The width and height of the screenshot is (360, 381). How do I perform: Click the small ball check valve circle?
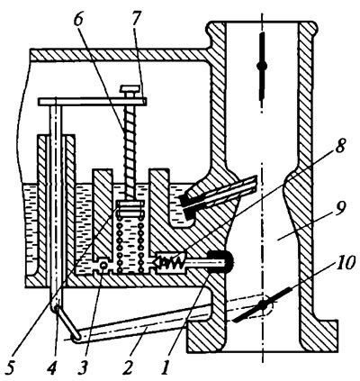tap(103, 266)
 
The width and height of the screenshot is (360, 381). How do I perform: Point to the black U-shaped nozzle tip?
tap(220, 262)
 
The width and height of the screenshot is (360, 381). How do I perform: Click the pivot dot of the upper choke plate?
tap(262, 66)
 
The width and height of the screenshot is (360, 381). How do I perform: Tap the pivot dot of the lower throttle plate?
tap(263, 305)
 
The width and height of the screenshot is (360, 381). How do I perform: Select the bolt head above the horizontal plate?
tap(130, 89)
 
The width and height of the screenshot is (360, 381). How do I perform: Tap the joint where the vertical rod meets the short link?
tap(56, 306)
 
